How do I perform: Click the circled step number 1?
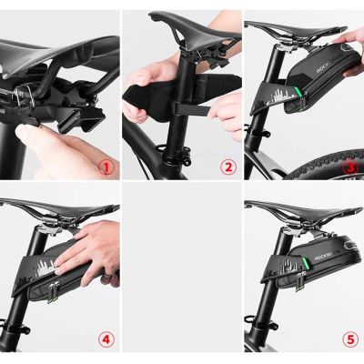[x=106, y=167]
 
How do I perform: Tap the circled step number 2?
[x=228, y=167]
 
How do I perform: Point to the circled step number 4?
[x=106, y=339]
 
